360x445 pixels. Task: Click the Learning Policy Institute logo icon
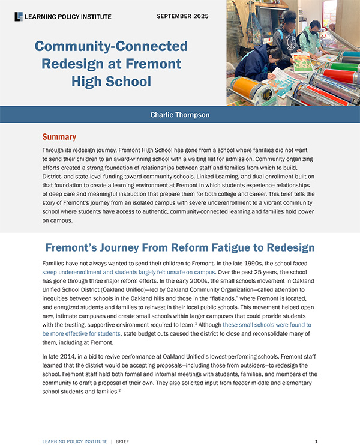pyautogui.click(x=19, y=16)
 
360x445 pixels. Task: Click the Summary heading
pyautogui.click(x=59, y=137)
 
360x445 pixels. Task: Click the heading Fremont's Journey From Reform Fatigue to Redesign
pyautogui.click(x=180, y=248)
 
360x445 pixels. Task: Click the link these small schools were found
pyautogui.click(x=267, y=324)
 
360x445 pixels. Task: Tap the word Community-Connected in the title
pyautogui.click(x=111, y=46)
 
